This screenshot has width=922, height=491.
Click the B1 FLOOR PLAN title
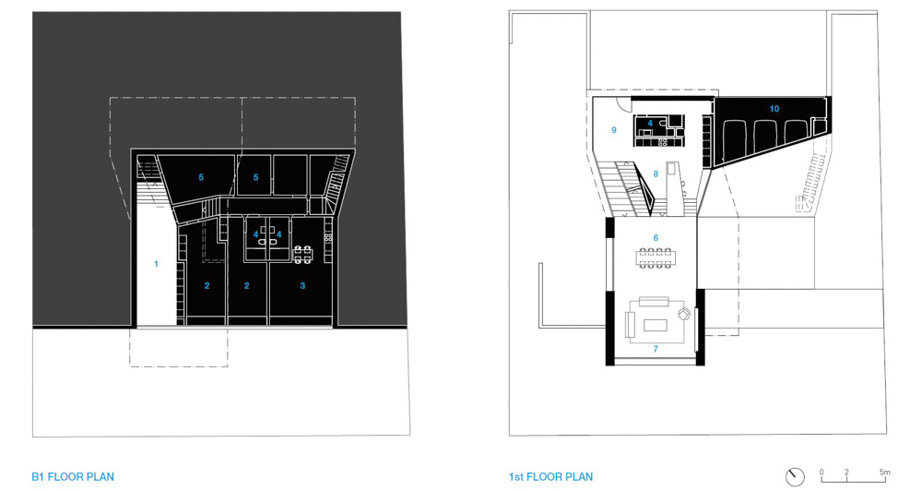click(73, 477)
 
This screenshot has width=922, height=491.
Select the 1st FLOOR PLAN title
click(551, 477)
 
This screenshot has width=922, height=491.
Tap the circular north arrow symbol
click(795, 476)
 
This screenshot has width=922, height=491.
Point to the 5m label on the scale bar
click(885, 473)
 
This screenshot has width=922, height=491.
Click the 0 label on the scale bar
click(822, 473)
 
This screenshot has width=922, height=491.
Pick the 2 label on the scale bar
click(846, 473)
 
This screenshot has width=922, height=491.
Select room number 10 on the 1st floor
click(774, 109)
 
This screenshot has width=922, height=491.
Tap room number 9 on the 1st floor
click(614, 130)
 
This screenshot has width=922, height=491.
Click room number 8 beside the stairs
click(656, 174)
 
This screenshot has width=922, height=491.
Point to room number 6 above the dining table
click(656, 238)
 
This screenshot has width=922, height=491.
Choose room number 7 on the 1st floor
click(656, 349)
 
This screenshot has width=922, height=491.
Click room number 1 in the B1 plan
click(156, 264)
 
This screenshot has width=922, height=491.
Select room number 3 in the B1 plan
click(302, 285)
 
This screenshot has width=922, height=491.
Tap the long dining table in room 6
click(655, 257)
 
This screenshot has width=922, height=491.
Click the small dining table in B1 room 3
click(302, 255)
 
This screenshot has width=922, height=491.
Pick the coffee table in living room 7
click(656, 325)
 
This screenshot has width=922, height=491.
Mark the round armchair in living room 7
click(683, 314)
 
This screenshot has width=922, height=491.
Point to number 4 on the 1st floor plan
click(650, 123)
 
